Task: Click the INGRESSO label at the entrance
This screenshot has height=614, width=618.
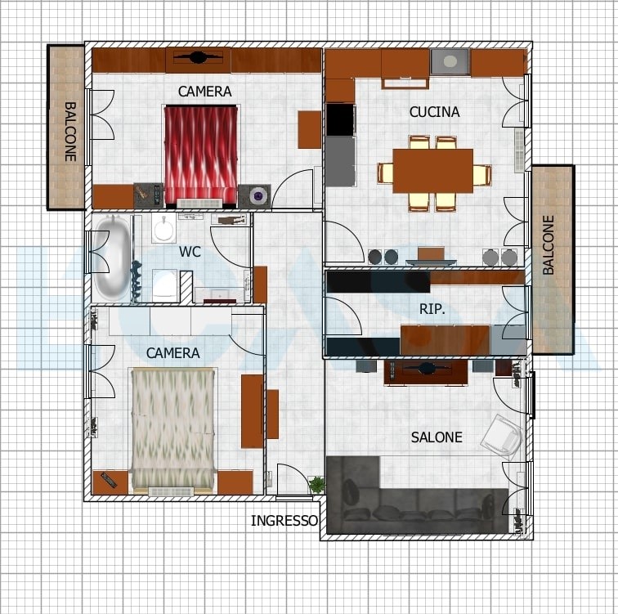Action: (284, 521)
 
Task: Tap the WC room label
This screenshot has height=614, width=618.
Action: (190, 252)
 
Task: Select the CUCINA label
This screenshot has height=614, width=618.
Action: (434, 112)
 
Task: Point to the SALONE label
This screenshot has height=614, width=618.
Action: (437, 437)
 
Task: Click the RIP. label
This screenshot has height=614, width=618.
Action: (432, 309)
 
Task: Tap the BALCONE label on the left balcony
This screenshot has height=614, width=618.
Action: (70, 132)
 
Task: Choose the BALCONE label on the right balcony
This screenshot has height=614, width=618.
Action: (549, 244)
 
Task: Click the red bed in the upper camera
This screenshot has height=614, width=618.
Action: (201, 156)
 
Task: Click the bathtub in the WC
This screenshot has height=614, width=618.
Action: (112, 258)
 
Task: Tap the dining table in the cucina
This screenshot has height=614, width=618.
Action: (433, 171)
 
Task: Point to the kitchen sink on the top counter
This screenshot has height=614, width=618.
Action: (450, 61)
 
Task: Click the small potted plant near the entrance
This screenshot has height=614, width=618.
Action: (317, 485)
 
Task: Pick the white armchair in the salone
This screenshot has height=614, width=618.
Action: (502, 437)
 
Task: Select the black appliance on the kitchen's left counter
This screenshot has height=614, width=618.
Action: (341, 119)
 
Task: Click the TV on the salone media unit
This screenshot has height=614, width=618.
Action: (426, 369)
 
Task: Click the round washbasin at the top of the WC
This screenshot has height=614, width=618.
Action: (163, 229)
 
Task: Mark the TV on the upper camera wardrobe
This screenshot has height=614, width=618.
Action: (198, 57)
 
